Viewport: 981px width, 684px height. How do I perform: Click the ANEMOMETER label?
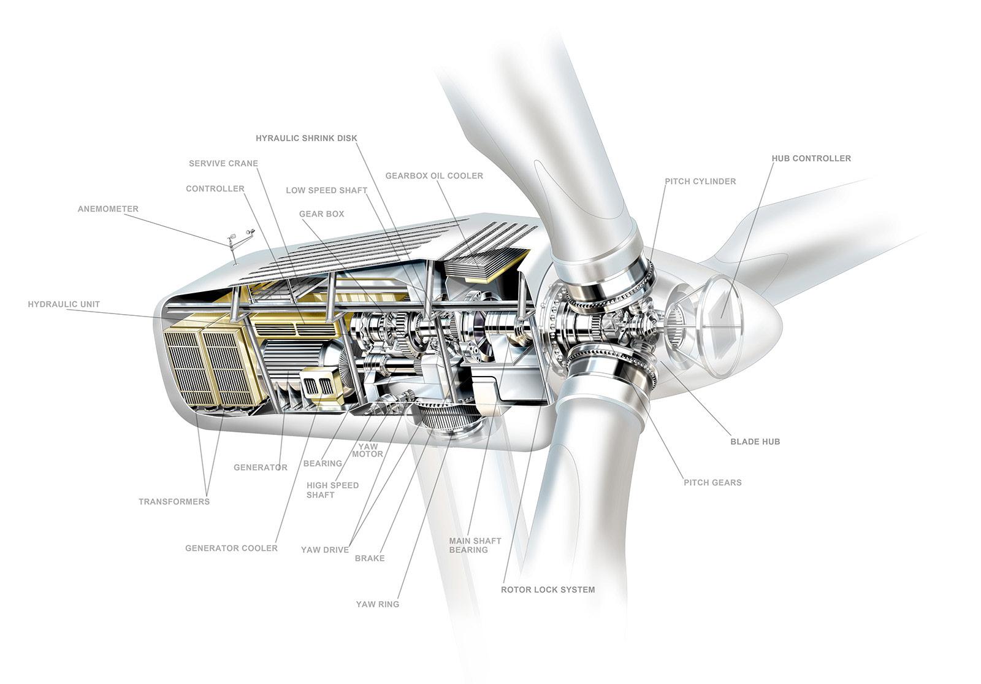[x=108, y=209]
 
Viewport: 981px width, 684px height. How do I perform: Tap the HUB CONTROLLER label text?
[x=811, y=158]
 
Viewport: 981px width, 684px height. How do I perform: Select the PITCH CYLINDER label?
[x=700, y=182]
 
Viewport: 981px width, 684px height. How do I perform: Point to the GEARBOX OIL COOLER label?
[x=433, y=176]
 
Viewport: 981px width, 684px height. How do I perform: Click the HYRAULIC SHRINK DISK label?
[x=306, y=139]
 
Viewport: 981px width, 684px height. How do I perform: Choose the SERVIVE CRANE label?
[x=223, y=164]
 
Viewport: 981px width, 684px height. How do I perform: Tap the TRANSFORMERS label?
[x=174, y=502]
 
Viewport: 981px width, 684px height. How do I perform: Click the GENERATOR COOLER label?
[x=231, y=548]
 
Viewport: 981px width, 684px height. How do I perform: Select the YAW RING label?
[x=377, y=604]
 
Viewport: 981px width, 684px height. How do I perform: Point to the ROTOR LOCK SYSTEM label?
[x=548, y=590]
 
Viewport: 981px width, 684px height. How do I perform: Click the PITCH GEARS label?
[x=712, y=483]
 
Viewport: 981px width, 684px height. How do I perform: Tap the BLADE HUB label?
[x=755, y=442]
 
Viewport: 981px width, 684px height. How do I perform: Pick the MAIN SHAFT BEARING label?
[x=475, y=545]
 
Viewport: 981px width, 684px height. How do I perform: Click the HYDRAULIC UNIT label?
[x=64, y=304]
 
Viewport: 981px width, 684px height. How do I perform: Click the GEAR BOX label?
[x=321, y=214]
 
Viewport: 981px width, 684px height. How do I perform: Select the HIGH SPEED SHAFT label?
[x=332, y=490]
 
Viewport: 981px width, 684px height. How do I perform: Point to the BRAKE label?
[x=370, y=558]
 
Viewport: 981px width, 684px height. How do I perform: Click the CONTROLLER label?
[x=215, y=189]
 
